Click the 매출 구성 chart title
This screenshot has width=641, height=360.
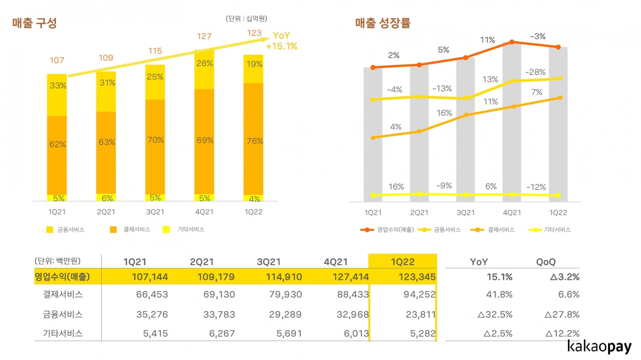coord(35,23)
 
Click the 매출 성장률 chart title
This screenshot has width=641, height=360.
coord(382,23)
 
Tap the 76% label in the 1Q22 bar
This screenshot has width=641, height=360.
coord(255,141)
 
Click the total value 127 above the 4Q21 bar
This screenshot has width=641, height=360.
coord(204,36)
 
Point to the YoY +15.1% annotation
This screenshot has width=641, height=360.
coord(281,41)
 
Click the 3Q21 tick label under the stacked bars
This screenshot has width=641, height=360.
coord(155,212)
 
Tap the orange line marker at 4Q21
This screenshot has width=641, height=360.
coord(512,42)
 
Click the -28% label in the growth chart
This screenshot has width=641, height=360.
coord(535,72)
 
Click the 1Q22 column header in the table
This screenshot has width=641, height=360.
coord(403,262)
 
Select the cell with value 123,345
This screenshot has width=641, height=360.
coord(417,277)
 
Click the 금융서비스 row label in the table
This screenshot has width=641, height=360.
coord(63,314)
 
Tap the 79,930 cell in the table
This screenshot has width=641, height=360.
coord(285,295)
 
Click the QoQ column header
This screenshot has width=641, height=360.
coord(546,262)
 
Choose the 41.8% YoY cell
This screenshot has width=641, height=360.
coord(499,295)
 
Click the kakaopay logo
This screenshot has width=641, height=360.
coord(599,346)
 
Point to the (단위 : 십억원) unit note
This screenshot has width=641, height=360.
coord(247,18)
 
